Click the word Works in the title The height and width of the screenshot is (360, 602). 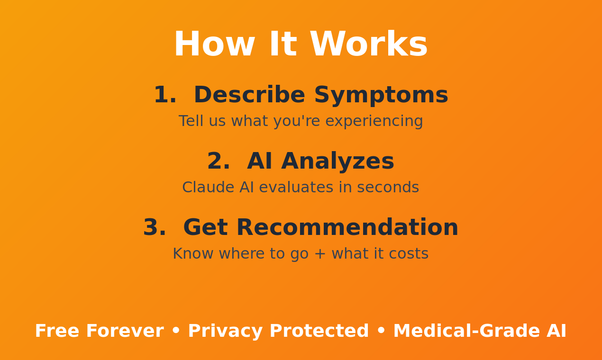[368, 44]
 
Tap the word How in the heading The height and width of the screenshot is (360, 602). [214, 44]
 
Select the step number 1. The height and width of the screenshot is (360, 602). [165, 95]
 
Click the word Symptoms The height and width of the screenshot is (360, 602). [381, 96]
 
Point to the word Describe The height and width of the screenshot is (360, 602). [249, 95]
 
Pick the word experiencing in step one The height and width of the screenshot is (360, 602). [374, 121]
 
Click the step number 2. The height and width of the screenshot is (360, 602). [219, 161]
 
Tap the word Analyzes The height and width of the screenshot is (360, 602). [337, 162]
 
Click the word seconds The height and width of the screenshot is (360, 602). [388, 187]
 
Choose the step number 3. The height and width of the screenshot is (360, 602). [155, 227]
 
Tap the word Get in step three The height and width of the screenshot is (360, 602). [206, 227]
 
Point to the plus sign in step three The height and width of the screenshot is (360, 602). [320, 254]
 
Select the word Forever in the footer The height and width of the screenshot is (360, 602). [125, 331]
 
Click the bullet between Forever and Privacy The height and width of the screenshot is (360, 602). [176, 331]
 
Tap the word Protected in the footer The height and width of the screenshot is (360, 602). [319, 331]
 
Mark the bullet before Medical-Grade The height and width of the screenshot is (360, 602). [381, 331]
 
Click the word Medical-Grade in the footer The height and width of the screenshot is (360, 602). [466, 331]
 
